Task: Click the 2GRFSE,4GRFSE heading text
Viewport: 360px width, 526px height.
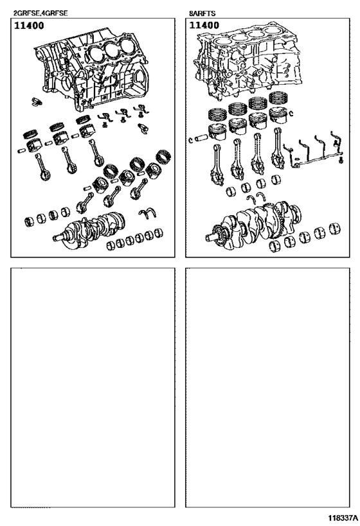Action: pos(40,13)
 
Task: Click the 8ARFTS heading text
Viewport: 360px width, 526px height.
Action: pos(202,13)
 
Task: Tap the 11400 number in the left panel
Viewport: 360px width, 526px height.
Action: pos(29,26)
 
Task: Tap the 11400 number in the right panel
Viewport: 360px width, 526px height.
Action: pos(204,25)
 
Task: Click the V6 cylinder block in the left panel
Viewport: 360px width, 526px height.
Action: pos(91,71)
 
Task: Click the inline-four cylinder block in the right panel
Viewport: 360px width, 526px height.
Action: pos(249,60)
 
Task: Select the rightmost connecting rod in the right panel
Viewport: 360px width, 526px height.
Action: pos(278,148)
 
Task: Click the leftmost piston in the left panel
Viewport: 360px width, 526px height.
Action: pos(33,145)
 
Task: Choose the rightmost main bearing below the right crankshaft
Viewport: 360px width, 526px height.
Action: pos(335,228)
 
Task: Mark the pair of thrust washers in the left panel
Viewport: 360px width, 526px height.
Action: pos(147,213)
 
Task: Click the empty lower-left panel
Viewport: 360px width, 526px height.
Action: pos(93,387)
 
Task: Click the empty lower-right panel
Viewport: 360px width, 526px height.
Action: pos(267,387)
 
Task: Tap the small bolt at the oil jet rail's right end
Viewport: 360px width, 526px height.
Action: pos(341,161)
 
